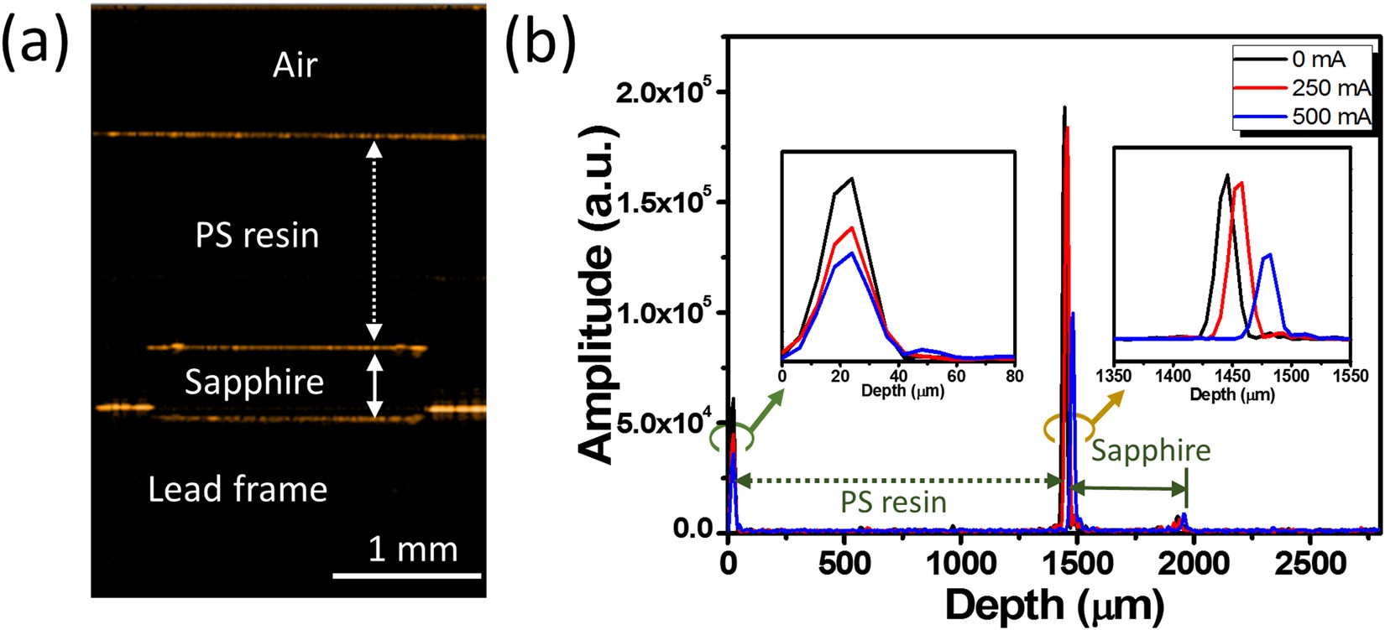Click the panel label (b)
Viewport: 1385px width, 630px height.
(x=541, y=42)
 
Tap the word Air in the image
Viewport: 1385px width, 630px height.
(x=295, y=65)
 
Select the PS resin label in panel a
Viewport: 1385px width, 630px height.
(x=257, y=236)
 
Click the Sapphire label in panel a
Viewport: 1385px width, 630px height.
(x=254, y=383)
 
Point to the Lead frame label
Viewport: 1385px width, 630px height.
(x=238, y=489)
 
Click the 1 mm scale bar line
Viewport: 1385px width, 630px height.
(x=407, y=576)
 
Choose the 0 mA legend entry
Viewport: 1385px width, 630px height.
(x=1318, y=60)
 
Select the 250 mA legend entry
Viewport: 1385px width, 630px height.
(x=1330, y=88)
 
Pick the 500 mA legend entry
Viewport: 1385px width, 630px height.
(x=1330, y=116)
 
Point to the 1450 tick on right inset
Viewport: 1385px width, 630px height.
(x=1232, y=375)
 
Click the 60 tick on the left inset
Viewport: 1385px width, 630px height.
(x=956, y=376)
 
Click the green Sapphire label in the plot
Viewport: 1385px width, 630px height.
(x=1151, y=450)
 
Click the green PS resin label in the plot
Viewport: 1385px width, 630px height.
(x=894, y=502)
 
